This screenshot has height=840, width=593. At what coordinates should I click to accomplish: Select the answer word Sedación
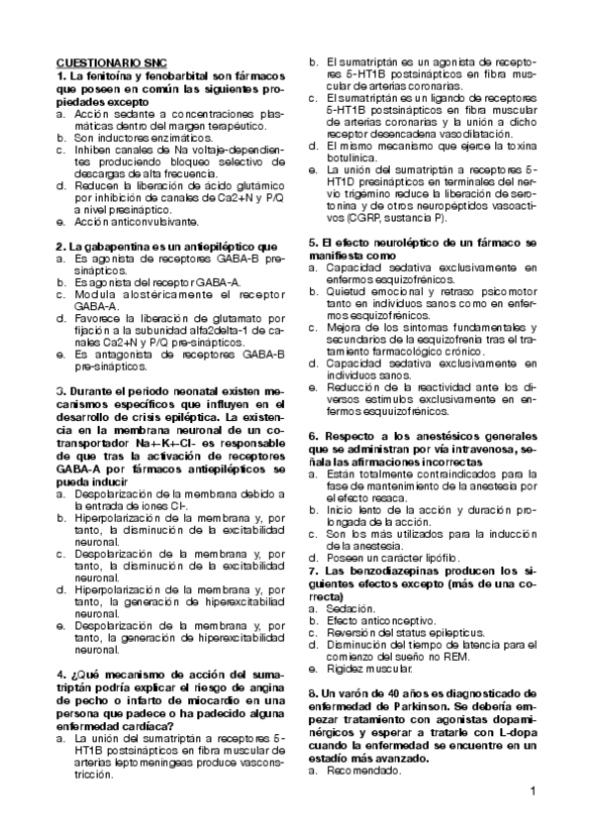coord(349,607)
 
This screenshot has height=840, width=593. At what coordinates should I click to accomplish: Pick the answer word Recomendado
coord(362,769)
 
